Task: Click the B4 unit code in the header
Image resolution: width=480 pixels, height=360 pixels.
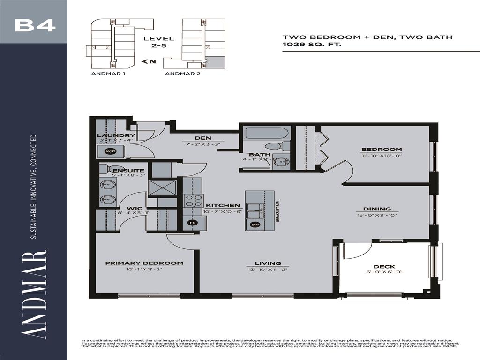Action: [35, 25]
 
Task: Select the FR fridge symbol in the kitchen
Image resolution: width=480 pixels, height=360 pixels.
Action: [191, 223]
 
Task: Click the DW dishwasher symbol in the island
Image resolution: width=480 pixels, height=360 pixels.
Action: [255, 225]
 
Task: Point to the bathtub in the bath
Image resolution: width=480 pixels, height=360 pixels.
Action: [266, 133]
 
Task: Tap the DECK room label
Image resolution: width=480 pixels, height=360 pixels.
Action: [384, 267]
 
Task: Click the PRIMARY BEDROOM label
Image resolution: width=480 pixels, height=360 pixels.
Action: [144, 263]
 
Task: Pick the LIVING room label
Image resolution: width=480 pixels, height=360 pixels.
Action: [268, 263]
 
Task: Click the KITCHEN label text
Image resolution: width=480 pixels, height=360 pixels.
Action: [223, 205]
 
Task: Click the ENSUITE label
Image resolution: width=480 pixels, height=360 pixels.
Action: [128, 170]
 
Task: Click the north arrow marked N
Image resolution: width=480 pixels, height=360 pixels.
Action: [149, 61]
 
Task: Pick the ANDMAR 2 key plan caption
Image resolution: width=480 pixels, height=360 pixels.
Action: [183, 74]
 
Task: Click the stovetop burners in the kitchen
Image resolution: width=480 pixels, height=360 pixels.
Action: [191, 201]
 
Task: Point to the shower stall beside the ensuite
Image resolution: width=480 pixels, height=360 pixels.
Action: [162, 187]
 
